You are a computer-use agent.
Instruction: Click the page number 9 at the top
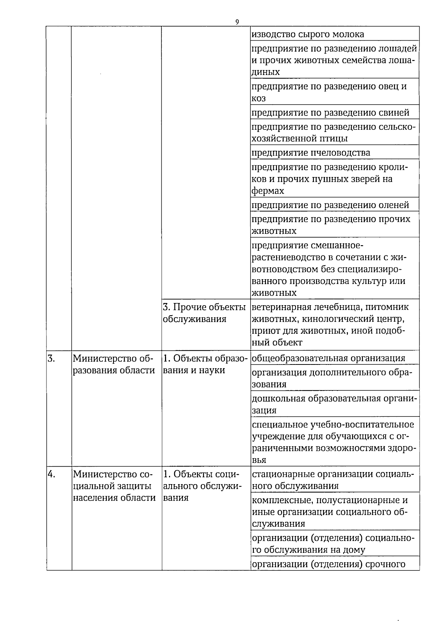(x=237, y=22)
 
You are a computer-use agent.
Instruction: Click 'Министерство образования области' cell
(x=114, y=364)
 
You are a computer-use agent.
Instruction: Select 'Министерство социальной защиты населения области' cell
(x=114, y=486)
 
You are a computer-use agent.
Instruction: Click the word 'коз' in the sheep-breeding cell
(x=259, y=98)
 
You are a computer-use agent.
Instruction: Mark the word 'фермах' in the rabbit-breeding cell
(x=268, y=191)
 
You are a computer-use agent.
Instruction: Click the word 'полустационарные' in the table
(x=355, y=500)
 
